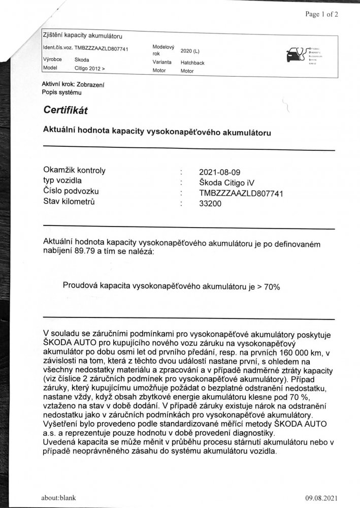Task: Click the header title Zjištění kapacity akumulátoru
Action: pos(83,36)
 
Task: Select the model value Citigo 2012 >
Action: pos(90,68)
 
